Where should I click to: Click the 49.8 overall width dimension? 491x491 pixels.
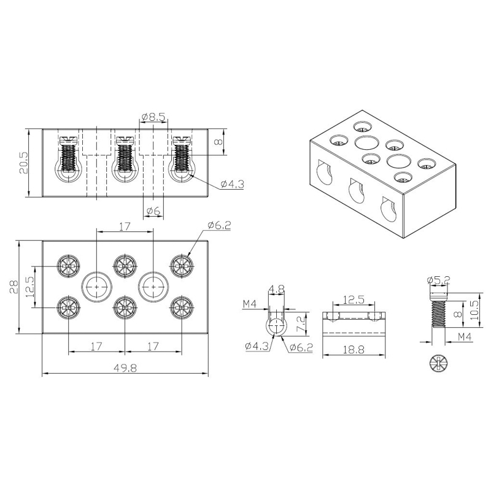click(x=125, y=368)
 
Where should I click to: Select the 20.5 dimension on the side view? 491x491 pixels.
click(x=23, y=163)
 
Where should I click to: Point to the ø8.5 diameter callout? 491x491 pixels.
click(x=153, y=117)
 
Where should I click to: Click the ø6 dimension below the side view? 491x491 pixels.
click(x=153, y=211)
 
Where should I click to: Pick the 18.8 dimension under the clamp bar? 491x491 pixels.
click(x=354, y=349)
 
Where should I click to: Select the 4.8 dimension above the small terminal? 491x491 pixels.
click(x=277, y=289)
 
